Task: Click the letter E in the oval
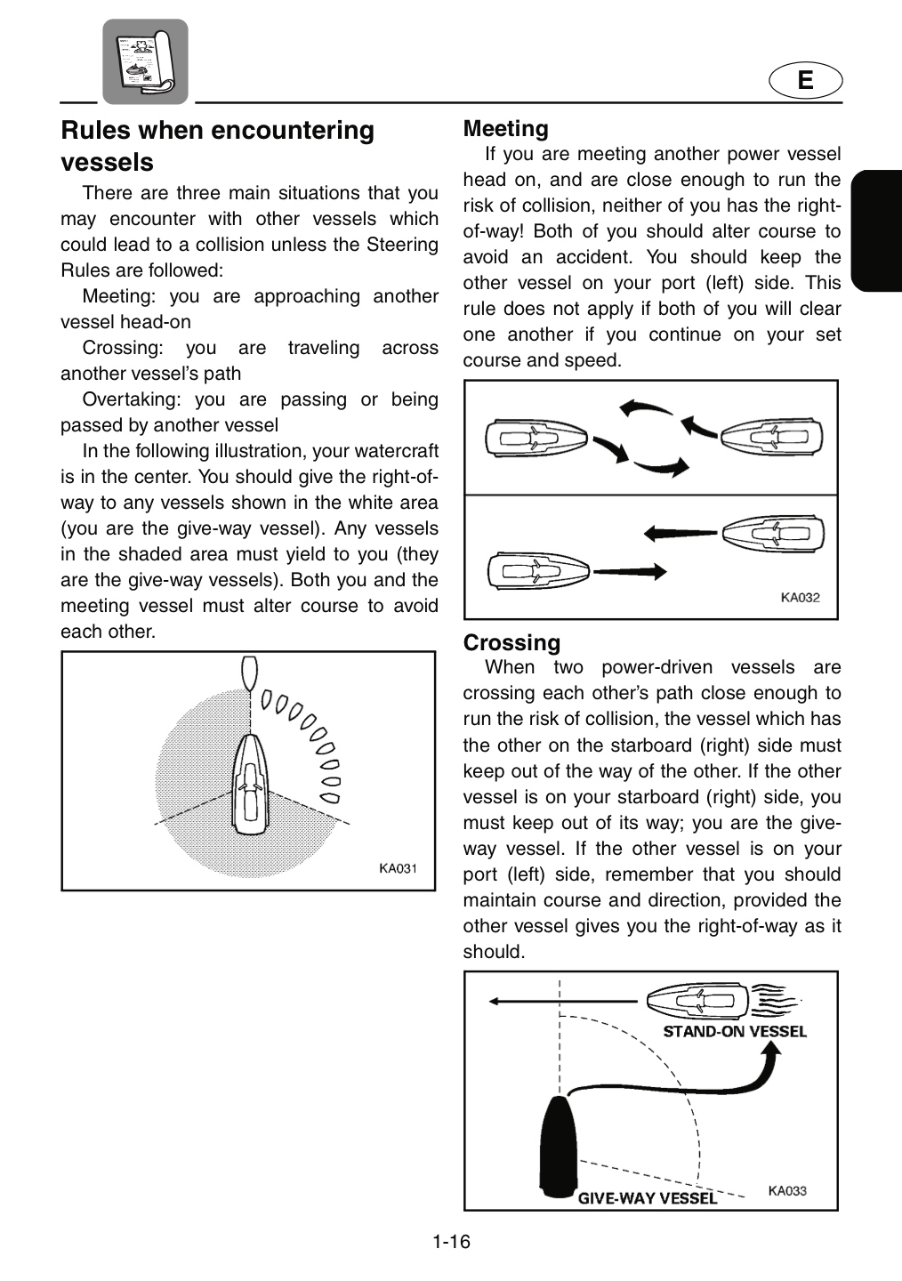[x=805, y=80]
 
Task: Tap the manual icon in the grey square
[x=145, y=61]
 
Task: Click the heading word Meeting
[x=505, y=129]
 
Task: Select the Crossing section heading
[x=511, y=642]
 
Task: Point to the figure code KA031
[x=399, y=868]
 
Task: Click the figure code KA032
[x=801, y=598]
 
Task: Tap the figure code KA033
[x=787, y=1190]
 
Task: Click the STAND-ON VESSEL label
[x=735, y=1032]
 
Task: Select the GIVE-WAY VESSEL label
[x=647, y=1198]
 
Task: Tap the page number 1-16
[x=451, y=1242]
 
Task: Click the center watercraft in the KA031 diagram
[x=250, y=784]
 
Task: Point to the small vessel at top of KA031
[x=250, y=673]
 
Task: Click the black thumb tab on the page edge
[x=876, y=230]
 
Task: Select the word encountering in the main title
[x=293, y=131]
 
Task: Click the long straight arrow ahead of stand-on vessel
[x=563, y=1002]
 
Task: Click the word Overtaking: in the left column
[x=132, y=399]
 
